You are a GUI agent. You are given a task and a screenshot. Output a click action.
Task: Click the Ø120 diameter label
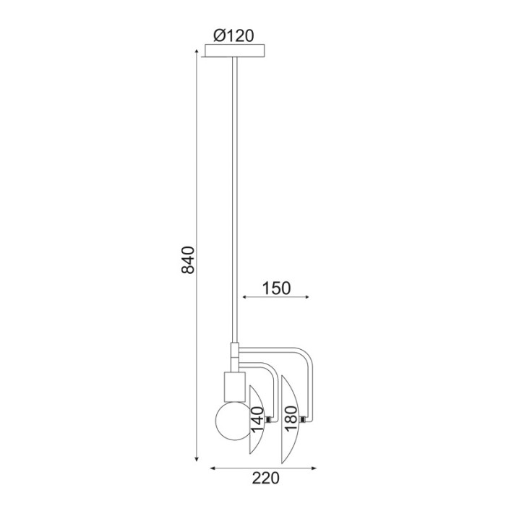pyautogui.click(x=234, y=36)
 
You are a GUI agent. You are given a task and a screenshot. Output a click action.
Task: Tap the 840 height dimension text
pyautogui.click(x=188, y=260)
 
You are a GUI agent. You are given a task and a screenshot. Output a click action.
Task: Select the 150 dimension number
pyautogui.click(x=276, y=288)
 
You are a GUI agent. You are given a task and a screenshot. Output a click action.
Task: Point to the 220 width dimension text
pyautogui.click(x=265, y=478)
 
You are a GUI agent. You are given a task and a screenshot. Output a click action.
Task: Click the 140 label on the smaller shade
pyautogui.click(x=257, y=420)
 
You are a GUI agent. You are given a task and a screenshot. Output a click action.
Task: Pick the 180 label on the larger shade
pyautogui.click(x=291, y=419)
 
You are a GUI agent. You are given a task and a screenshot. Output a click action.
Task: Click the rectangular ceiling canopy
pyautogui.click(x=235, y=51)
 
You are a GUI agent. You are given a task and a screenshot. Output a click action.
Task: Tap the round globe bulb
pyautogui.click(x=232, y=421)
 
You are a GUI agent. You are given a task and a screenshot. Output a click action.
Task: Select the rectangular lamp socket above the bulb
pyautogui.click(x=235, y=387)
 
